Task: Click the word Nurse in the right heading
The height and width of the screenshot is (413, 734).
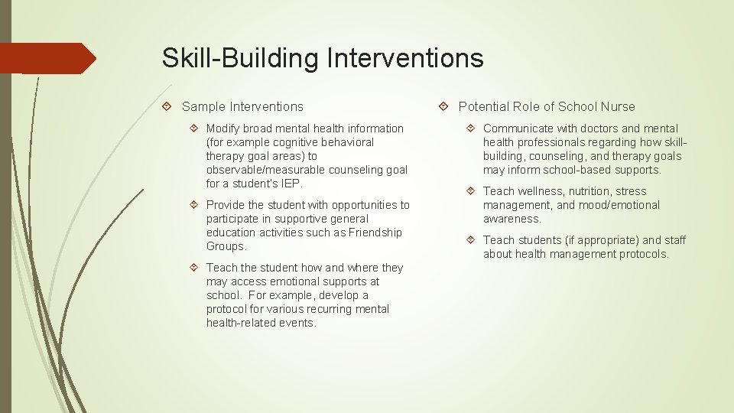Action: (x=618, y=107)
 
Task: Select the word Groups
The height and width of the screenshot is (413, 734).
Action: (x=226, y=246)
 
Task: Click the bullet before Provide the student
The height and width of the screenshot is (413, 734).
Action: (x=194, y=205)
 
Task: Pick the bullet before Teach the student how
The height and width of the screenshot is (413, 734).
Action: (x=194, y=268)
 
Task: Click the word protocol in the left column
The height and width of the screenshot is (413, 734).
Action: (x=228, y=309)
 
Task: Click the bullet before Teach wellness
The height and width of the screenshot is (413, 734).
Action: (x=471, y=191)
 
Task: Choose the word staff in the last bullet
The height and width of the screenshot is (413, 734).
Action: (x=675, y=240)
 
